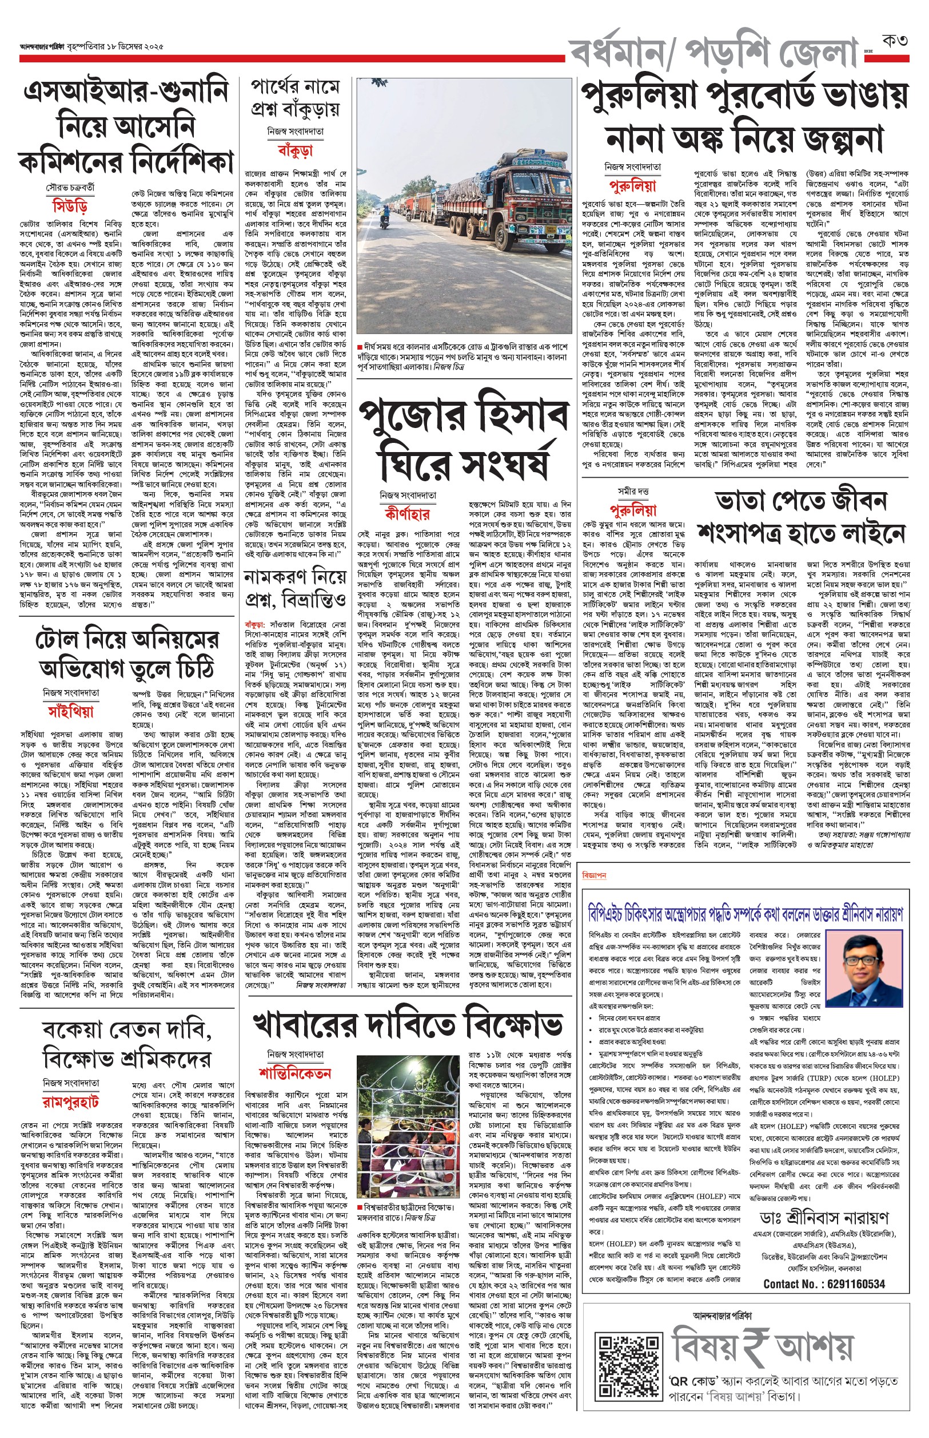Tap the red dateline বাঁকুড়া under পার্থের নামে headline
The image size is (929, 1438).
click(x=295, y=150)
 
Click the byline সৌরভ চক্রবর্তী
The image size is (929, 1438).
click(x=70, y=188)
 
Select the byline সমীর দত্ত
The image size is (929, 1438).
click(x=633, y=492)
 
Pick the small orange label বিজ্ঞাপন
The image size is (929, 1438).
click(x=594, y=876)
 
